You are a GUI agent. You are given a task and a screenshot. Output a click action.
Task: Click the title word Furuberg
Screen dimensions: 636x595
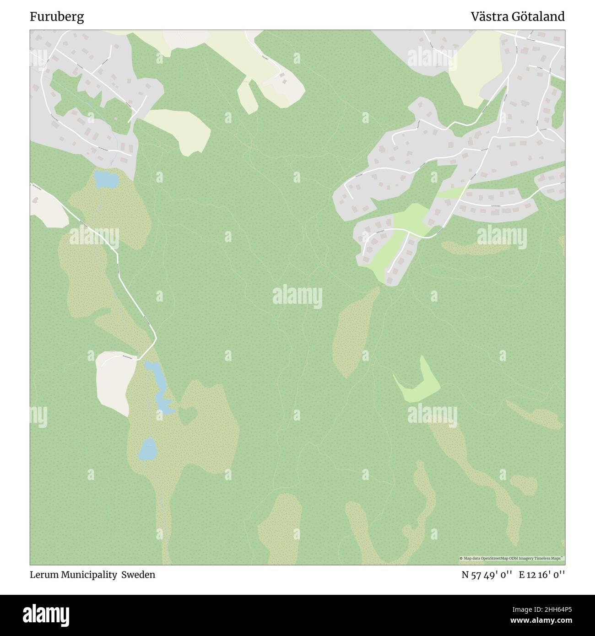(x=57, y=17)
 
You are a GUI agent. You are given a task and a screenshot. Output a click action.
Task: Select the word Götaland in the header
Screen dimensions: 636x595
(x=539, y=17)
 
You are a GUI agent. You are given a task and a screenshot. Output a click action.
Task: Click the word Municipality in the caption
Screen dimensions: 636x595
(x=90, y=575)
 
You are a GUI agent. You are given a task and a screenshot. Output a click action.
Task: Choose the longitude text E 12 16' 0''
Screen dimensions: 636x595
(x=542, y=575)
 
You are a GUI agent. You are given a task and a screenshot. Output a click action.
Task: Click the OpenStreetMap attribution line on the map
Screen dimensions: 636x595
(x=512, y=559)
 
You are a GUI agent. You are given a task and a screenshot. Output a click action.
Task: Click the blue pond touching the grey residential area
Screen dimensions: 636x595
(x=106, y=179)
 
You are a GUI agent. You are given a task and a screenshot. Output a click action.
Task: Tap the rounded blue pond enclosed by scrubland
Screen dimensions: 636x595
(x=147, y=449)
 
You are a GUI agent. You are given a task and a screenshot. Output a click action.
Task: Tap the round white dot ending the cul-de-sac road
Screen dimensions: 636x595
(x=388, y=272)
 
